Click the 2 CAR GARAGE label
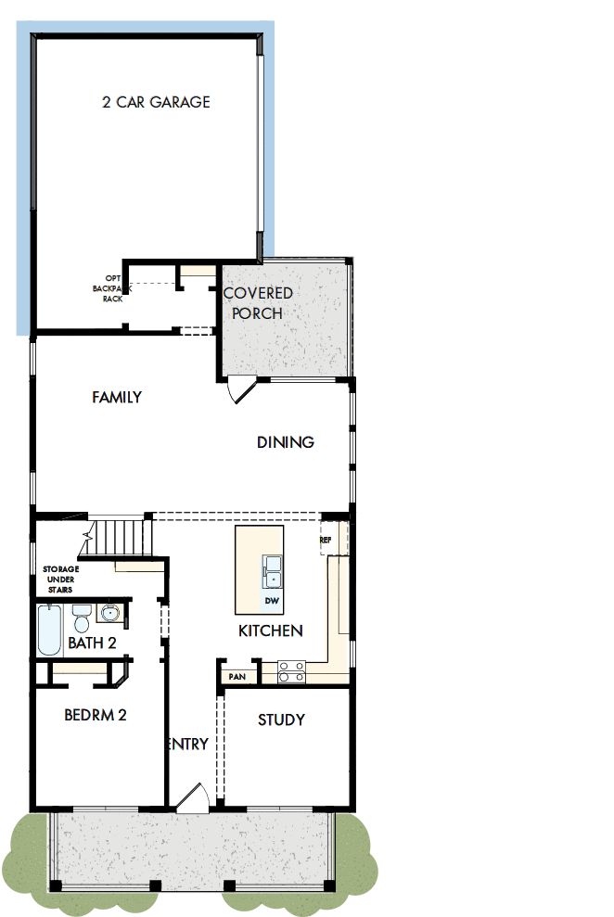coord(156,102)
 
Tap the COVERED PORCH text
coord(258,303)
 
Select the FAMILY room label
coord(117,397)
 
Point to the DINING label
coord(286,442)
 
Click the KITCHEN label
coord(271,630)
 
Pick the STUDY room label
coord(281,720)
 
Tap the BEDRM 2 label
coord(95,715)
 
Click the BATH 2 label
coord(91,643)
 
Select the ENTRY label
coord(188,744)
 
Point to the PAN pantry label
coord(237,677)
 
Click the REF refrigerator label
coord(326,540)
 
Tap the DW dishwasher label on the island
coord(272,601)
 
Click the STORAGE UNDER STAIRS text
coord(61,579)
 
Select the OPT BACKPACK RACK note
coord(112,287)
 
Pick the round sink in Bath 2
coord(110,613)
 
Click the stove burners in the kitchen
coord(292,670)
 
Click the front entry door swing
coord(194,799)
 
